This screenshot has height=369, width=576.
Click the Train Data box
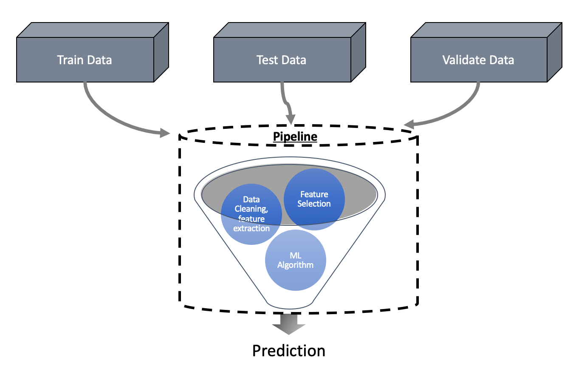(85, 60)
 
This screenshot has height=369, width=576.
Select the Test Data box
(282, 60)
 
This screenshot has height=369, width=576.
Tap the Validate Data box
(479, 60)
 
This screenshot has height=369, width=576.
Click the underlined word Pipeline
(295, 136)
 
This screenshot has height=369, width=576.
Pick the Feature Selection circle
(314, 199)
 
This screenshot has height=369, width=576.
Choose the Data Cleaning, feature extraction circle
(251, 214)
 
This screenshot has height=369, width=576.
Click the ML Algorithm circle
(295, 260)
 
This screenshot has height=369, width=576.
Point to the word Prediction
(289, 351)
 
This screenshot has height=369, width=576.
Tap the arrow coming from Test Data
(287, 104)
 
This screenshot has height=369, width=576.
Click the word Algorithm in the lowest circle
(295, 265)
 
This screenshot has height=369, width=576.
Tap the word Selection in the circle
(314, 204)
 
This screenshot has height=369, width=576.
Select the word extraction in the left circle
(251, 228)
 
